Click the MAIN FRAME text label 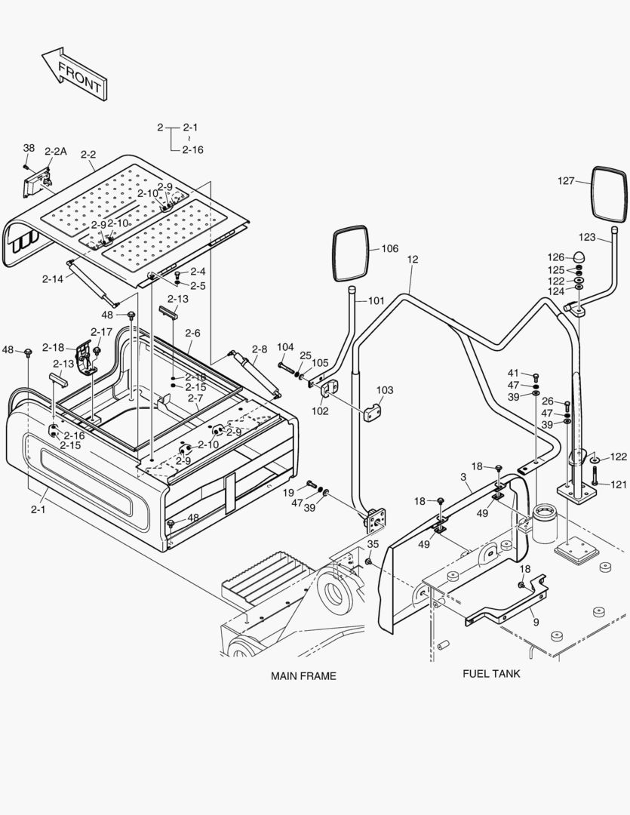pos(303,675)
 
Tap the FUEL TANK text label pos(491,673)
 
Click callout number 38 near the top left pos(29,148)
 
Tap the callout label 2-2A pos(56,152)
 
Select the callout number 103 pos(385,390)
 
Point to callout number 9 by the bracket pos(536,623)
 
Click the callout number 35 pos(373,544)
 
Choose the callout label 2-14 pos(53,278)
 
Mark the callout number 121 pos(618,484)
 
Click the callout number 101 pos(376,301)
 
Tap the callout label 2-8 pos(260,349)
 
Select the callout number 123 pos(588,237)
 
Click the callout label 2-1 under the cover pos(38,509)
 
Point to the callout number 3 pos(463,478)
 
